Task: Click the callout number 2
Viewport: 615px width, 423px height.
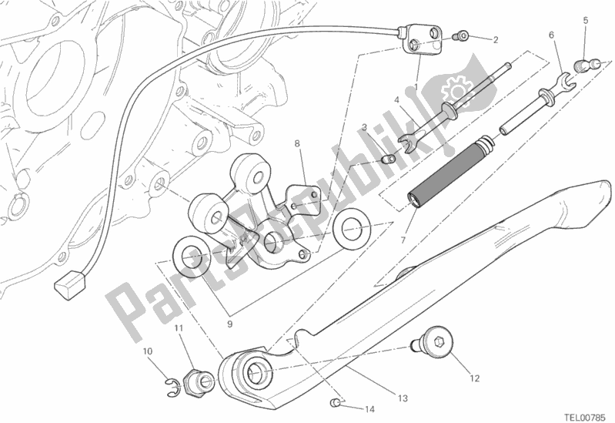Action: [495, 39]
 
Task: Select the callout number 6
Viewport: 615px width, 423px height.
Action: [551, 35]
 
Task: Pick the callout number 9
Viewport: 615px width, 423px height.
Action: [229, 324]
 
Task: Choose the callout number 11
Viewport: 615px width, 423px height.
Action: [178, 330]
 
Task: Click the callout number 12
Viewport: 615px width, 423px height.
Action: [475, 378]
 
